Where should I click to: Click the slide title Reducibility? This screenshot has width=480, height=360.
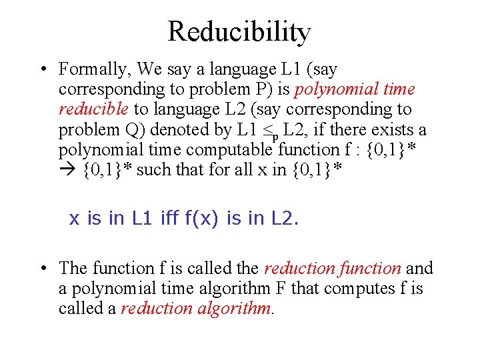pos(239,31)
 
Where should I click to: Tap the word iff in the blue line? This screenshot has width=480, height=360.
pos(169,219)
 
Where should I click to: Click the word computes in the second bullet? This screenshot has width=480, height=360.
pos(369,288)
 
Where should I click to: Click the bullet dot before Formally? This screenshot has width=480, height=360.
pos(42,69)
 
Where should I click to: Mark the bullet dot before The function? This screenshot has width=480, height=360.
pos(42,268)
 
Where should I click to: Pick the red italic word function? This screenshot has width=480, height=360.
pos(369,268)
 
